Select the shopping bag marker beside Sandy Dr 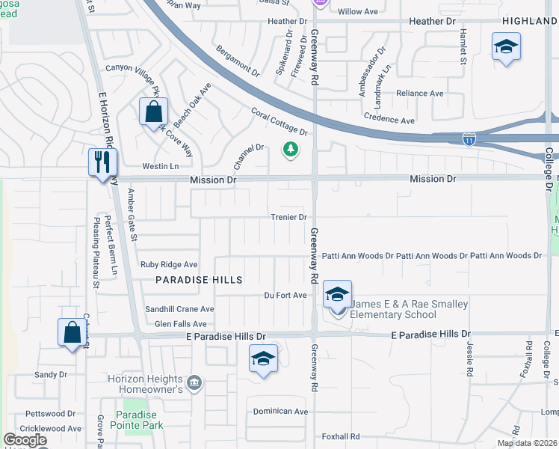click(72, 332)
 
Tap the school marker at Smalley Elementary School click(337, 295)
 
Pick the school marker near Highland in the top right click(506, 48)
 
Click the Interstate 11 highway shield click(469, 139)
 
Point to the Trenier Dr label click(289, 218)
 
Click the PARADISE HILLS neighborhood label click(200, 279)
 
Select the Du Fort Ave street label click(285, 296)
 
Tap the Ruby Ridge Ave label click(169, 264)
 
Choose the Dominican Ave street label click(280, 412)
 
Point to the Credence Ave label click(389, 120)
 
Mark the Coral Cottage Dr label click(279, 122)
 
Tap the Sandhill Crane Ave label click(179, 309)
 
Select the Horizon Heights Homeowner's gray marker click(195, 383)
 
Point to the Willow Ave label click(358, 12)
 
